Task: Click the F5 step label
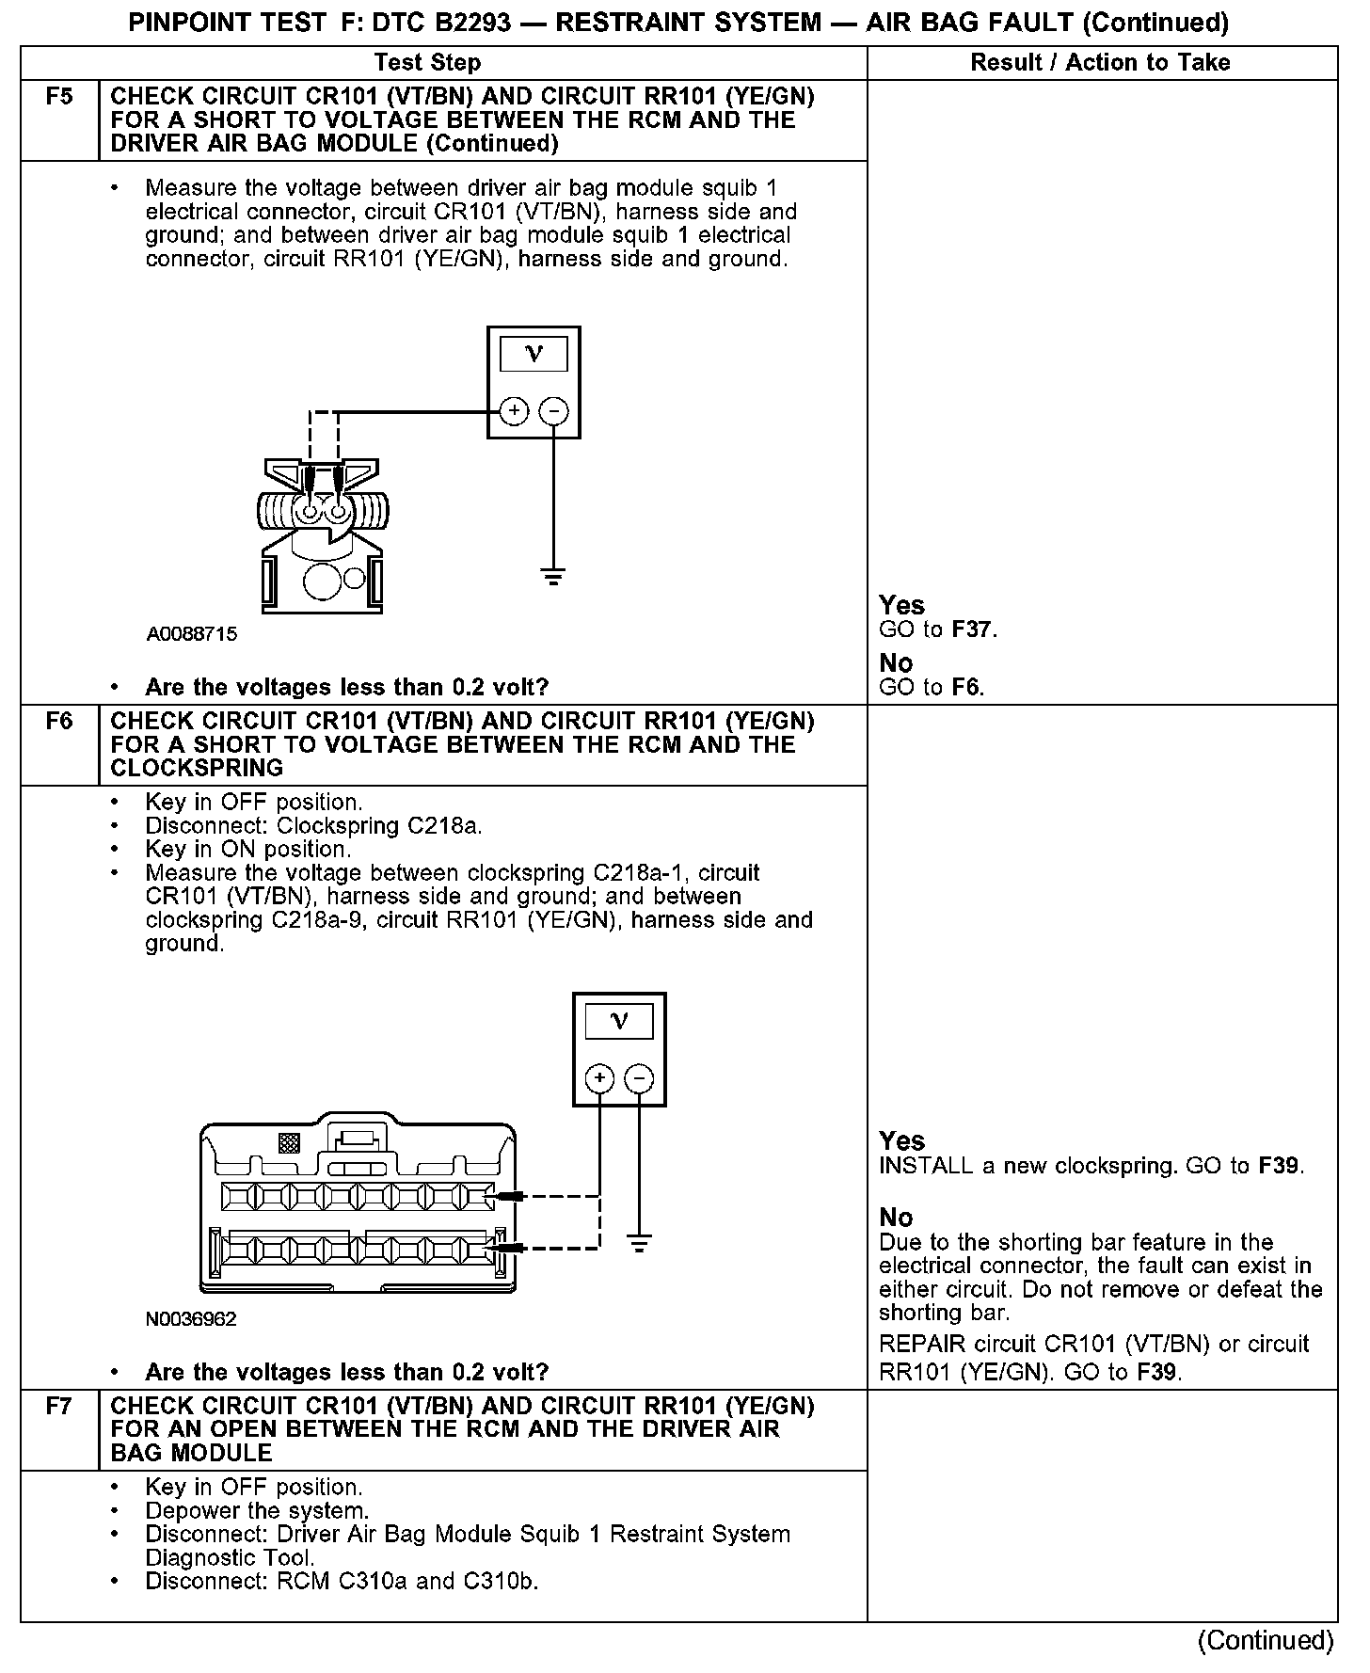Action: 59,97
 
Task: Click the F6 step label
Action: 59,722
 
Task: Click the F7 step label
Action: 59,1407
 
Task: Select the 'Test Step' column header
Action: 427,63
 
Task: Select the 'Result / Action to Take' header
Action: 1100,63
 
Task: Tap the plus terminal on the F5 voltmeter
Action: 514,411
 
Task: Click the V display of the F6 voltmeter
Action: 619,1021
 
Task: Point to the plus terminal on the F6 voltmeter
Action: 599,1078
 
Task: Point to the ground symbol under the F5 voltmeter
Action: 553,577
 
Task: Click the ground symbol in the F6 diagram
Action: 639,1244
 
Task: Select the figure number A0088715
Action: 192,634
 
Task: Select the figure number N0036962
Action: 191,1319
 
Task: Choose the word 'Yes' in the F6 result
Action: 901,1141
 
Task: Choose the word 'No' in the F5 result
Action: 896,663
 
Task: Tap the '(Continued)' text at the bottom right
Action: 1266,1641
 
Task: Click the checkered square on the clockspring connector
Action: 289,1142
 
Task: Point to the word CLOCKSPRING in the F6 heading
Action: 197,769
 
